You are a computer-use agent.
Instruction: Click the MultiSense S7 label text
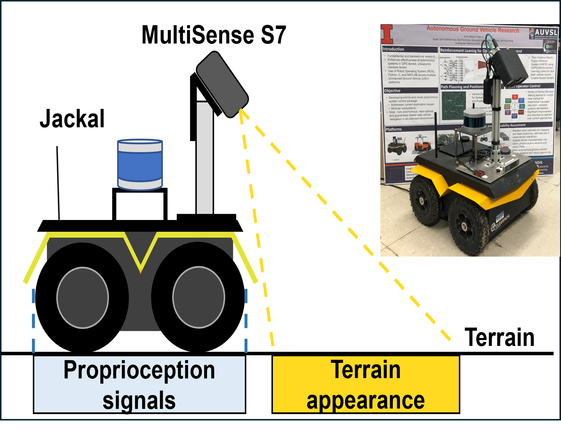pyautogui.click(x=214, y=35)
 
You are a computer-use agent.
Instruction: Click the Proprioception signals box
pyautogui.click(x=139, y=384)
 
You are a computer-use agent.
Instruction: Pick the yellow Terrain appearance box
pyautogui.click(x=366, y=384)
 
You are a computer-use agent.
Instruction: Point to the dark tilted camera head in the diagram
pyautogui.click(x=222, y=84)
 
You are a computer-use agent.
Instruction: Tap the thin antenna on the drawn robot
pyautogui.click(x=58, y=183)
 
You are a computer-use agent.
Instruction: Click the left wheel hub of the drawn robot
pyautogui.click(x=82, y=298)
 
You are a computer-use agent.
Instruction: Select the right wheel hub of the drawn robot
pyautogui.click(x=199, y=297)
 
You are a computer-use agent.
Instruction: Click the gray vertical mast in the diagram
pyautogui.click(x=205, y=159)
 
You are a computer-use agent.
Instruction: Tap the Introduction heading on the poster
pyautogui.click(x=393, y=49)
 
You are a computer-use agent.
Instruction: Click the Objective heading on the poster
pyautogui.click(x=392, y=91)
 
